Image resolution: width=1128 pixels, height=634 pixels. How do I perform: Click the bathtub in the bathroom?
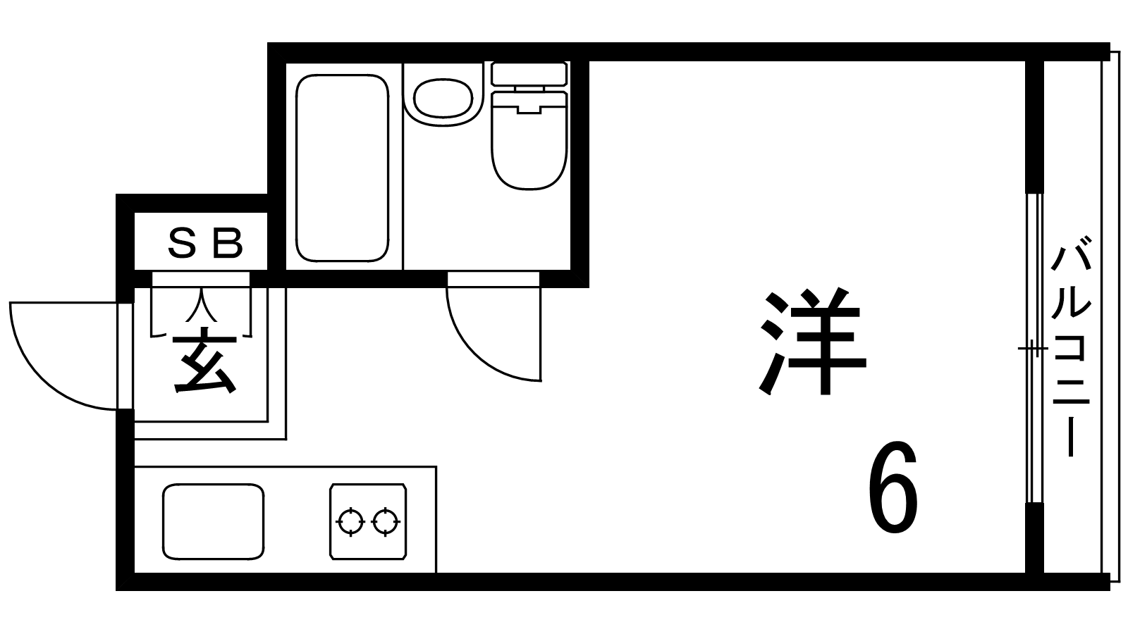point(343,168)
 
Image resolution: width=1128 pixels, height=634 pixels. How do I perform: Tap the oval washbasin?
point(443,98)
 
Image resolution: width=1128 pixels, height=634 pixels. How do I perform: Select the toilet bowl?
point(529,140)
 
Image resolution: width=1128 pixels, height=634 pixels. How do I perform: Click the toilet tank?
point(529,74)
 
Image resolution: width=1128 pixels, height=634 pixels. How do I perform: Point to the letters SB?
point(205,243)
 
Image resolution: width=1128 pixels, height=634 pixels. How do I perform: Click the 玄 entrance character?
point(204,360)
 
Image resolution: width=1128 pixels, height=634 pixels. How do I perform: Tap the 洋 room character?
point(812,342)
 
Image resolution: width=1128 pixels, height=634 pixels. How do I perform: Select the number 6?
point(893,487)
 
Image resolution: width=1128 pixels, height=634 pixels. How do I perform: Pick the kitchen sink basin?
point(213,521)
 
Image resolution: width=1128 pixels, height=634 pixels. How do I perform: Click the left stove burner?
point(350,522)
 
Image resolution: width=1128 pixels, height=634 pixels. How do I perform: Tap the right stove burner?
point(385,522)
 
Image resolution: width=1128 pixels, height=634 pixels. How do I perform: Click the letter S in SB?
point(182,243)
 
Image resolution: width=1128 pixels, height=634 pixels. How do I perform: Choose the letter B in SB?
point(230,243)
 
